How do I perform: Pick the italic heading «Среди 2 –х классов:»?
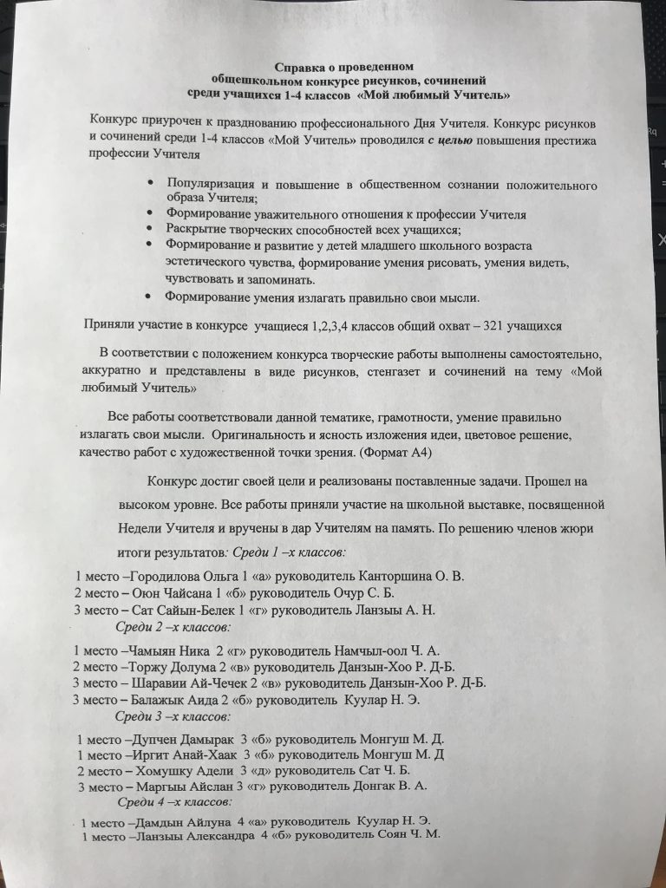click(x=173, y=626)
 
